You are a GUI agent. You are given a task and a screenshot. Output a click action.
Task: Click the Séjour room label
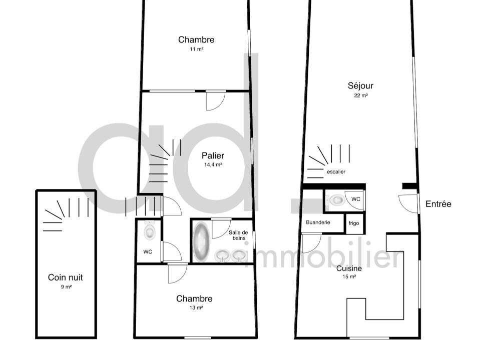[x=360, y=85]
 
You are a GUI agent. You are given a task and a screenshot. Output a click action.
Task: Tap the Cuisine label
[x=349, y=268]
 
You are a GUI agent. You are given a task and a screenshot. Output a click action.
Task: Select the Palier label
[x=213, y=155]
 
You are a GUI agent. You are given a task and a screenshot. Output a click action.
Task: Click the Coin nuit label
[x=66, y=277]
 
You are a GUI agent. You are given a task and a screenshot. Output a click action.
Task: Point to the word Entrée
[x=438, y=204]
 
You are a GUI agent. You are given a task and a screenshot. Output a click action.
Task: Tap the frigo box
[x=354, y=223]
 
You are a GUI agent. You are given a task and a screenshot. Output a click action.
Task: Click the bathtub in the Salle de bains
[x=202, y=241]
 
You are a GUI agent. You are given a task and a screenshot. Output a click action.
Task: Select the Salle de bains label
[x=238, y=235]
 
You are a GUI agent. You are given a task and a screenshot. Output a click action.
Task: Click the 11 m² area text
[x=196, y=49]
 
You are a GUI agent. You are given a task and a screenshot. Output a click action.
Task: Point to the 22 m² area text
[x=361, y=95]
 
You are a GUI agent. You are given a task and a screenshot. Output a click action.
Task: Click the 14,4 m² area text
[x=213, y=164]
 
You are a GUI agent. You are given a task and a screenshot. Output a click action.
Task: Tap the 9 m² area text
[x=66, y=286]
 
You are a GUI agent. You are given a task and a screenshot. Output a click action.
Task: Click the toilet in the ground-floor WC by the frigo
[x=336, y=200]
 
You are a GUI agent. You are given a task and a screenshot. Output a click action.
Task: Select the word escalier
[x=336, y=171]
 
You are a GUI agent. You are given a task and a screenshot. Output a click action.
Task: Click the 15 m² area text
[x=349, y=277]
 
